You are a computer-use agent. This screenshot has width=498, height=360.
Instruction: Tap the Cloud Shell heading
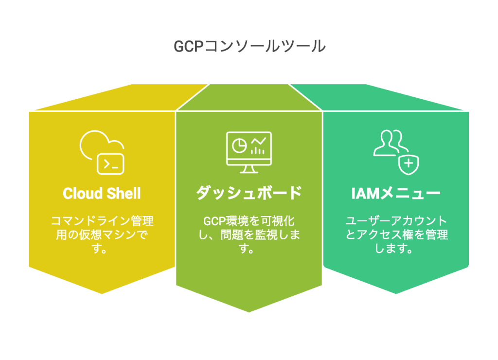(x=102, y=194)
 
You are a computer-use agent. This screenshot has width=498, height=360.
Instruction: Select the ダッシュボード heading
(x=249, y=194)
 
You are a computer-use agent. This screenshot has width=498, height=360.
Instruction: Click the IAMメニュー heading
(x=395, y=194)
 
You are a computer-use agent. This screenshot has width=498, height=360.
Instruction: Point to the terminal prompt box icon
(x=111, y=164)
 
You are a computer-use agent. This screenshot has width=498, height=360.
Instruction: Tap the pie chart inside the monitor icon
(x=239, y=145)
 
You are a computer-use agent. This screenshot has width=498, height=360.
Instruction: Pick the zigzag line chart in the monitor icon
(x=259, y=142)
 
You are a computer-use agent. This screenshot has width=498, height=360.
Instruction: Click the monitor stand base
(x=249, y=172)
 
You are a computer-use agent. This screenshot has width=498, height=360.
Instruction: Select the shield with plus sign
(x=409, y=164)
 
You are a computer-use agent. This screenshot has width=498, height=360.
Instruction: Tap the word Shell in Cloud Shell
(x=124, y=194)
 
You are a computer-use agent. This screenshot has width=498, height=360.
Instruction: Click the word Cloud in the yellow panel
(x=81, y=194)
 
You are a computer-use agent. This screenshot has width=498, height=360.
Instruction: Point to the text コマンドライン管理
(x=102, y=221)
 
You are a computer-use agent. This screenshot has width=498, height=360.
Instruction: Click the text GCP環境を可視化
(x=249, y=221)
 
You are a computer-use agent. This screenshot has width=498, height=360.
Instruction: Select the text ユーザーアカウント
(x=396, y=221)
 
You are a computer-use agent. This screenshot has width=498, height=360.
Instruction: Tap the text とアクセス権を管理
(x=396, y=235)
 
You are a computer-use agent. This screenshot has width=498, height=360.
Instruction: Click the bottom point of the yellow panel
(x=102, y=293)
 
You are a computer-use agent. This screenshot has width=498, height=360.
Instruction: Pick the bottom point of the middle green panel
(x=249, y=311)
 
